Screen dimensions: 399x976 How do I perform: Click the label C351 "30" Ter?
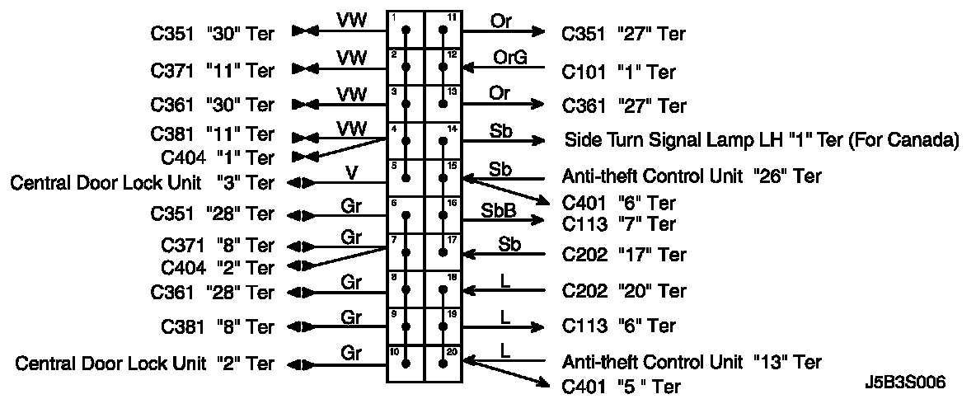click(x=212, y=33)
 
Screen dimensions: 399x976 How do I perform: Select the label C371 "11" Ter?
click(x=212, y=68)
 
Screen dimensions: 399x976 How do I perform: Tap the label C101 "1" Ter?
click(x=618, y=72)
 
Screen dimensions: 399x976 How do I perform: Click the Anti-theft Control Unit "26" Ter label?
click(x=691, y=176)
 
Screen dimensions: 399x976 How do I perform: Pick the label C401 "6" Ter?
click(x=618, y=203)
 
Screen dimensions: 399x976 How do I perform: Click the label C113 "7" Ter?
click(x=618, y=224)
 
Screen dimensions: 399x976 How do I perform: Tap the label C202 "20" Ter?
click(x=624, y=291)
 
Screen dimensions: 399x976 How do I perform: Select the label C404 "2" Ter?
click(x=218, y=268)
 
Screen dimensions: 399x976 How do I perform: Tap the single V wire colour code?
click(x=352, y=172)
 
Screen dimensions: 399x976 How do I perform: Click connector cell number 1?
click(x=406, y=31)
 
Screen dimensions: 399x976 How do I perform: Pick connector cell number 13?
click(x=443, y=104)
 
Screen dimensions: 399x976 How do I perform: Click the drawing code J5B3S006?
click(x=905, y=383)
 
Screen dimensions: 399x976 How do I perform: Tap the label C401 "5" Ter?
click(x=622, y=386)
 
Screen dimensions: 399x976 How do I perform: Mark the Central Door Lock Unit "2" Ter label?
click(x=145, y=364)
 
